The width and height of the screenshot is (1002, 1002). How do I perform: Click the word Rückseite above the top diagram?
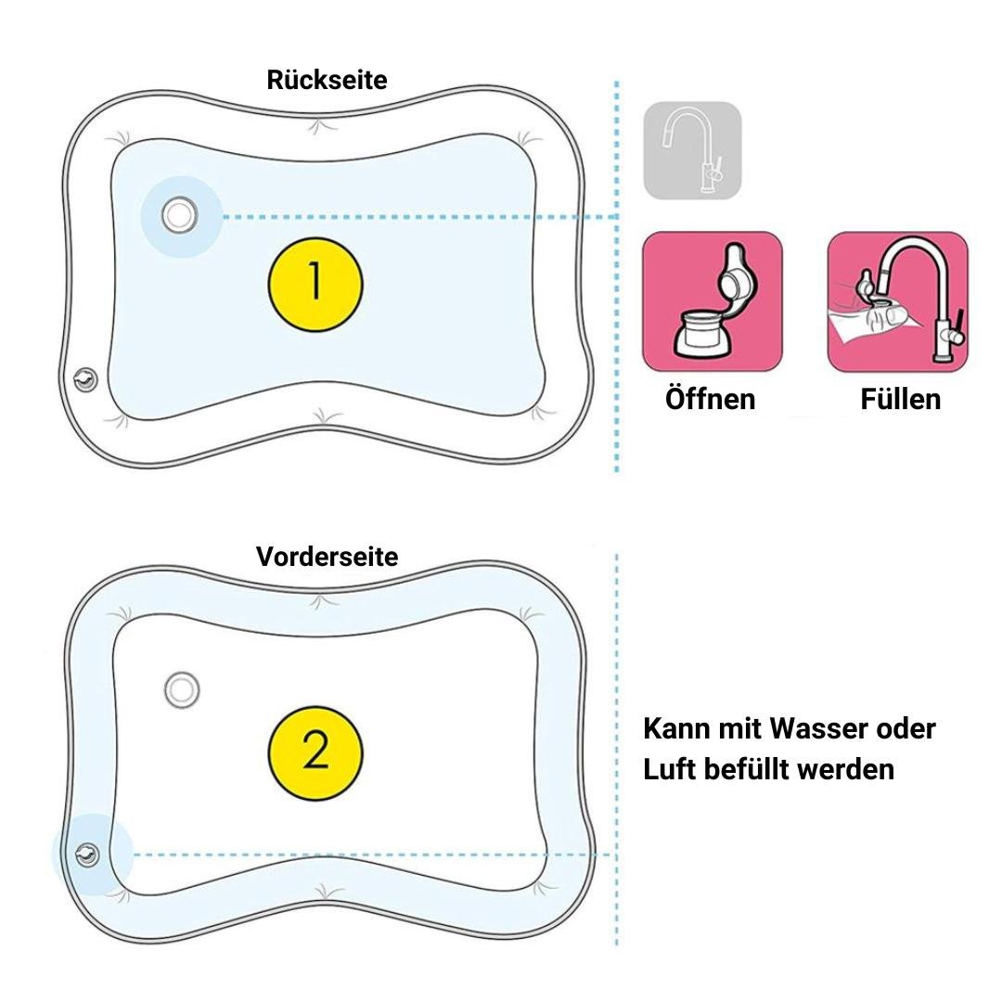click(x=327, y=80)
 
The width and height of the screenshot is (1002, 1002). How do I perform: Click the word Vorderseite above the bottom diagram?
click(x=327, y=557)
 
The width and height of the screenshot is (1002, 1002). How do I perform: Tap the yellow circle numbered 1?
click(x=315, y=281)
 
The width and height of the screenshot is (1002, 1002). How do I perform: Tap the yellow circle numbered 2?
click(x=315, y=751)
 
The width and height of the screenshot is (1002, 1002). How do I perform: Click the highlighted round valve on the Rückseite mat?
click(x=179, y=215)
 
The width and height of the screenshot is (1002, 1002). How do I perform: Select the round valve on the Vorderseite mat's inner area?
click(x=181, y=689)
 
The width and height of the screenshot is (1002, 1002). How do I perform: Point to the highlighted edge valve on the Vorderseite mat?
click(x=89, y=854)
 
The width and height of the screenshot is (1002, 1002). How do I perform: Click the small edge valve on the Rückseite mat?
click(x=83, y=379)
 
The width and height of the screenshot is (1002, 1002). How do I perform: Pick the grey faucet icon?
click(x=692, y=151)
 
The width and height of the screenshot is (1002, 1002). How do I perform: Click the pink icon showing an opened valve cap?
click(x=713, y=302)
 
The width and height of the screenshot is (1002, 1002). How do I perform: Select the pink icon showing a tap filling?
click(x=897, y=302)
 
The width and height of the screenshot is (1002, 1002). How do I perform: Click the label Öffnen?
click(x=711, y=399)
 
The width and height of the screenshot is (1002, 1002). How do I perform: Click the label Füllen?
click(x=900, y=399)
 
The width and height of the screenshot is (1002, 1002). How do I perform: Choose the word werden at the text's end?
click(x=860, y=769)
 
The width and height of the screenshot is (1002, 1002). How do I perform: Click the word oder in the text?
click(x=906, y=728)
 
